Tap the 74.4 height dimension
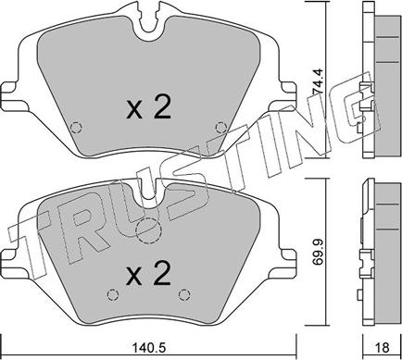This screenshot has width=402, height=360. [317, 81]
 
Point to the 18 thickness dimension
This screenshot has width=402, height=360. [383, 348]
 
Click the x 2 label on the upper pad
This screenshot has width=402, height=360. [148, 106]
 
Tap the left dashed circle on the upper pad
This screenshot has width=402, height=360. [75, 127]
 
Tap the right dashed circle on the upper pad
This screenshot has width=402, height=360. [221, 127]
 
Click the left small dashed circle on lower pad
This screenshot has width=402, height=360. [112, 295]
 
